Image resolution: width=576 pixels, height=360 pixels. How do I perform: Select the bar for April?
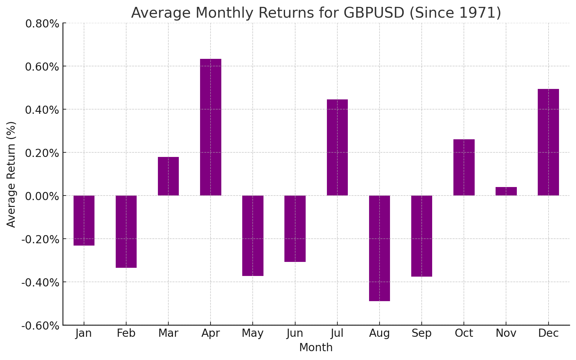pos(211,127)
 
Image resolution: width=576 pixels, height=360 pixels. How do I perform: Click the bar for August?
pos(380,248)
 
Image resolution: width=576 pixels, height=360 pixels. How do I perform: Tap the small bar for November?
pos(506,191)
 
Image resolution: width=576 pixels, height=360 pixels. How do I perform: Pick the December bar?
pos(548,142)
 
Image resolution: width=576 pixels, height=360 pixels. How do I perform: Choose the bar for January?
pos(84,220)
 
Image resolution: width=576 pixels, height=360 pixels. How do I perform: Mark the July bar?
pos(337,147)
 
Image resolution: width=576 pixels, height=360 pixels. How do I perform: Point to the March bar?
pos(168,176)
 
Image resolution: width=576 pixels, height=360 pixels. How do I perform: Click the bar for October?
pos(464,167)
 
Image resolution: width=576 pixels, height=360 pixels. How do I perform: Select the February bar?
pos(126,231)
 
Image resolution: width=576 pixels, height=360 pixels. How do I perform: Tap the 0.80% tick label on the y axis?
pos(42,24)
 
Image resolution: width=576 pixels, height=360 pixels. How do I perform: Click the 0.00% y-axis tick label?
pos(42,196)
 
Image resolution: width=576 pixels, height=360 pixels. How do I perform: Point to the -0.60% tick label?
pos(41,326)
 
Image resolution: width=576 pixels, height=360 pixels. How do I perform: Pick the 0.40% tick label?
pos(42,110)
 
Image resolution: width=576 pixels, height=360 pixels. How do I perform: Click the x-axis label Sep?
pos(422,333)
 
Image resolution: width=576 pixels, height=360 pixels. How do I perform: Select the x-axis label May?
pos(253,333)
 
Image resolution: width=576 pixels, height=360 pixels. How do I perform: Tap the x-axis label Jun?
pos(295,333)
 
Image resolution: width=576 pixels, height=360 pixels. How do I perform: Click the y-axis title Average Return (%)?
pos(11,174)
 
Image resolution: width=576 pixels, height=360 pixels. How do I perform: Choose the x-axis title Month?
pos(316,348)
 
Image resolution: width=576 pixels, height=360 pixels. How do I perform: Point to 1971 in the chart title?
pos(477,13)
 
